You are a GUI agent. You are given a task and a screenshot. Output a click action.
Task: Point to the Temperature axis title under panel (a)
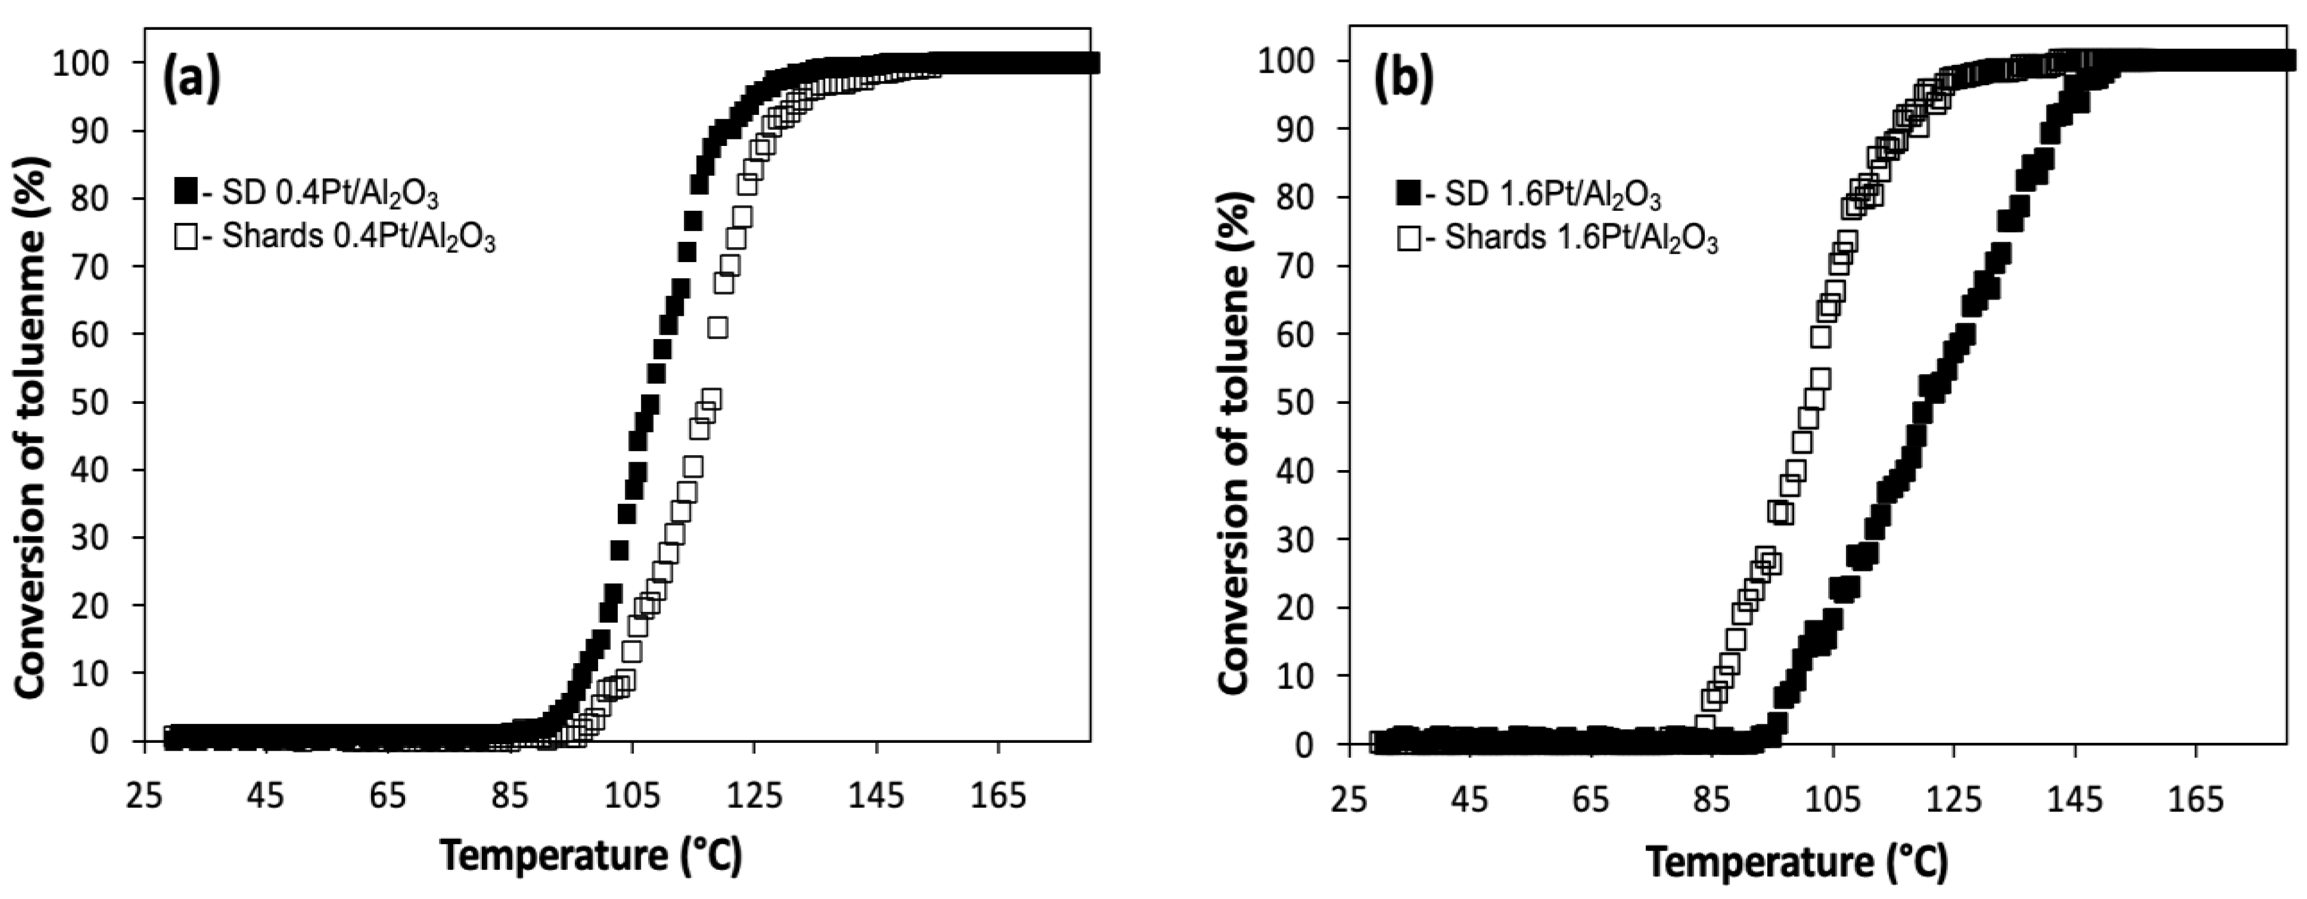coord(591,856)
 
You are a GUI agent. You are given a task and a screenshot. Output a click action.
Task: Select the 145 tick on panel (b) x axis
coord(2075,799)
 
